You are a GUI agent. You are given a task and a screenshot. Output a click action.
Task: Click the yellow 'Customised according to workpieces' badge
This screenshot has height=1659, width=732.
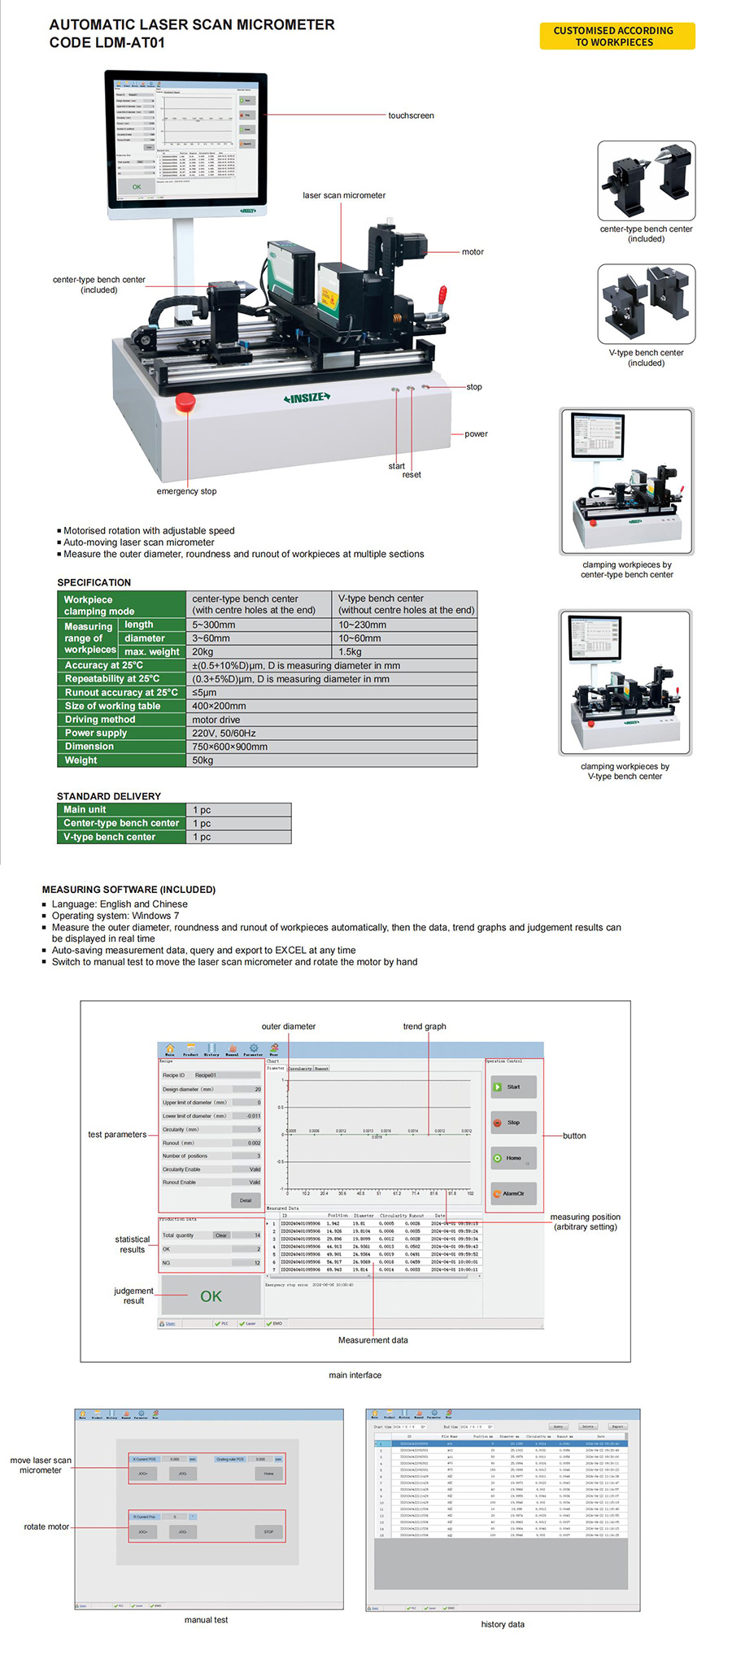pyautogui.click(x=617, y=37)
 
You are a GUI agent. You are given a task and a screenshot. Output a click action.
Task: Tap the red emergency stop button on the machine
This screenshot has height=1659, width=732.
pyautogui.click(x=185, y=402)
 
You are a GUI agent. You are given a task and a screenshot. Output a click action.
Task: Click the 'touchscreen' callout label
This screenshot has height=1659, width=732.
pyautogui.click(x=411, y=115)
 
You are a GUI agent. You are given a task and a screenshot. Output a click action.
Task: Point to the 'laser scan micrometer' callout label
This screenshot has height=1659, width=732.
pyautogui.click(x=344, y=195)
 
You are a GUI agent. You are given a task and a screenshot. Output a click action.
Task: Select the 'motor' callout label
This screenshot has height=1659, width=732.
pyautogui.click(x=473, y=252)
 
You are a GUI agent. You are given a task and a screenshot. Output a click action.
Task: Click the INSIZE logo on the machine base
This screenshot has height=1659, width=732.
pyautogui.click(x=307, y=398)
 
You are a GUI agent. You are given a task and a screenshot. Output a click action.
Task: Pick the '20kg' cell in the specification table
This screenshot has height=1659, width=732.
pyautogui.click(x=203, y=651)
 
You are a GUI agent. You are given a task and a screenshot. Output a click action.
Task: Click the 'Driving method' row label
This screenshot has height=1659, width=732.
pyautogui.click(x=100, y=720)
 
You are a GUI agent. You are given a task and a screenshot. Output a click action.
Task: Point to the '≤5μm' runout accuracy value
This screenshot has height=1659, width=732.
pyautogui.click(x=204, y=693)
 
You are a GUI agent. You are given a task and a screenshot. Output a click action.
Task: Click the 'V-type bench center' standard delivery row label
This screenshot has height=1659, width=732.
pyautogui.click(x=110, y=837)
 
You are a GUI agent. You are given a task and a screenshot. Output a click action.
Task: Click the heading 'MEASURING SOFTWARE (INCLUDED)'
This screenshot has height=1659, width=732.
pyautogui.click(x=129, y=890)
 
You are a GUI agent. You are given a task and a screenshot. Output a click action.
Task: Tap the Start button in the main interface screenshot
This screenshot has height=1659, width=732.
pyautogui.click(x=512, y=1086)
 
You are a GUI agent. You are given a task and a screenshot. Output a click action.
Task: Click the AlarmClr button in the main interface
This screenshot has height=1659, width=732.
pyautogui.click(x=512, y=1194)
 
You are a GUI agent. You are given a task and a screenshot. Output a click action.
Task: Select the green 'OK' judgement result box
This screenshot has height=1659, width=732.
pyautogui.click(x=211, y=1296)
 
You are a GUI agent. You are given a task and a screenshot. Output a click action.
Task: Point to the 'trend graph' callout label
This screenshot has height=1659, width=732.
pyautogui.click(x=425, y=1026)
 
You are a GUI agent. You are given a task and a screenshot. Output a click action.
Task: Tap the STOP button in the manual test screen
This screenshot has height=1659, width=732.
pyautogui.click(x=268, y=1532)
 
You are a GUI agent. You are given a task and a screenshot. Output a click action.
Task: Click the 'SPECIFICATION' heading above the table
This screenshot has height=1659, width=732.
pyautogui.click(x=94, y=582)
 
